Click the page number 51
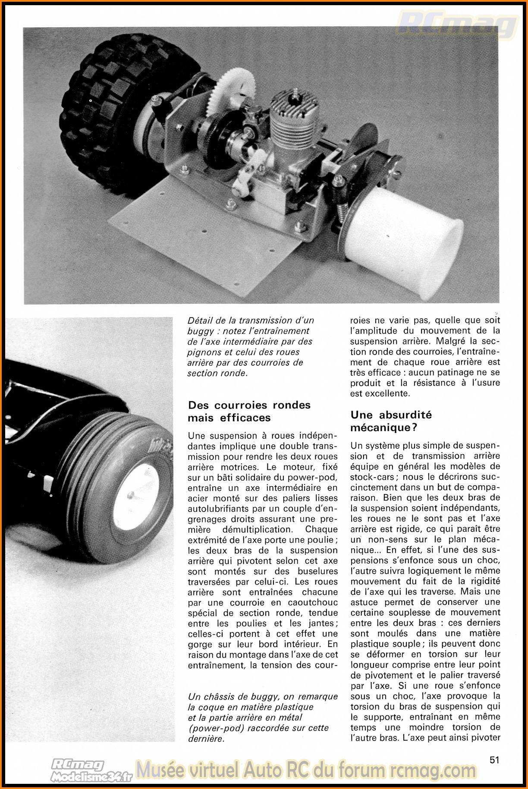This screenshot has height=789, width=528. click(494, 760)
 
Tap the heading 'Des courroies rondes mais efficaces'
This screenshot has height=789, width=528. click(249, 411)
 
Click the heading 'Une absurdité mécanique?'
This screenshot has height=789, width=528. click(391, 421)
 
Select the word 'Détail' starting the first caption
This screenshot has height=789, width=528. click(201, 321)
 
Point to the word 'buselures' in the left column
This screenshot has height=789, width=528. click(318, 572)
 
